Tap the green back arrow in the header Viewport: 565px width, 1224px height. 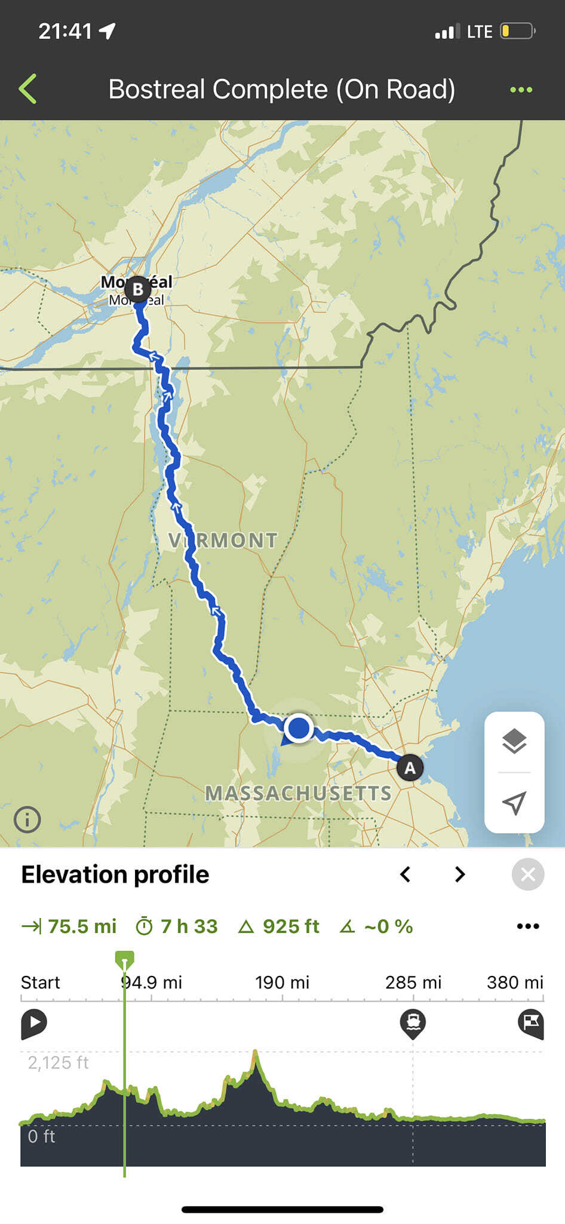click(28, 89)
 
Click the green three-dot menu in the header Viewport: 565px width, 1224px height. click(521, 90)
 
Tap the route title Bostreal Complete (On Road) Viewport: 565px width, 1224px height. click(282, 89)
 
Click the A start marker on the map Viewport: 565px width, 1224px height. click(410, 767)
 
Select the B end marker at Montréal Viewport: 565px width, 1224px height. click(138, 289)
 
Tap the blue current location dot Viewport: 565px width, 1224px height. click(299, 728)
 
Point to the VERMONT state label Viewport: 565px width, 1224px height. click(223, 540)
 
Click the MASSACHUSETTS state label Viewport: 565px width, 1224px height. click(298, 793)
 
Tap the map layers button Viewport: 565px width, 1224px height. click(514, 742)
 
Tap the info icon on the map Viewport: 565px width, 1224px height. click(27, 819)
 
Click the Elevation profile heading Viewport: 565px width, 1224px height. click(115, 874)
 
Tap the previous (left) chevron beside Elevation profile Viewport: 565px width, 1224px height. click(406, 874)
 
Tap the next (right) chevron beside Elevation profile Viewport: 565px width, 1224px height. click(459, 874)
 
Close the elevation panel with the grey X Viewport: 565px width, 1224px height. click(528, 874)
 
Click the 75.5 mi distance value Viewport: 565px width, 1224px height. click(82, 926)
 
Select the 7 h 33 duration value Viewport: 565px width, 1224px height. click(188, 926)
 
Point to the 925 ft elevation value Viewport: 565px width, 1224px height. click(291, 926)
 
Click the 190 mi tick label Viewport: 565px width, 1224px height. click(282, 983)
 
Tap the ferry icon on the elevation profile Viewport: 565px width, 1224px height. click(413, 1023)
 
